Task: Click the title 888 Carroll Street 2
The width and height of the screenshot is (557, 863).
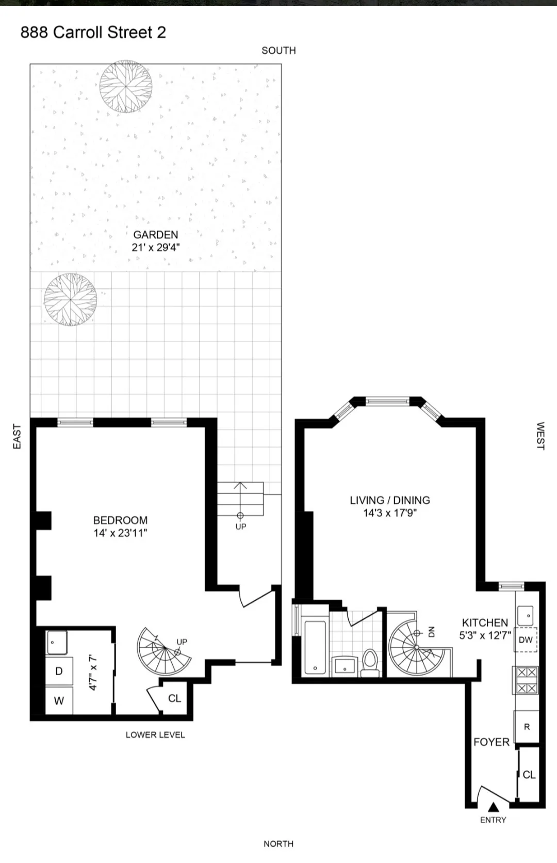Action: (93, 33)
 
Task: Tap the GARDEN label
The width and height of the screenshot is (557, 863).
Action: (155, 235)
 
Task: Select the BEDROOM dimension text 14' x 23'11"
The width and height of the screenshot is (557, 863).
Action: (120, 533)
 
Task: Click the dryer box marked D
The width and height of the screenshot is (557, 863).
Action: (59, 671)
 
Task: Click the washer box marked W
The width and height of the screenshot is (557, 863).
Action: (59, 701)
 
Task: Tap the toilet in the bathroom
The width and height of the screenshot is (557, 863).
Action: (370, 662)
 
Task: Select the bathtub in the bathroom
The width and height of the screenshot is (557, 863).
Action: (315, 647)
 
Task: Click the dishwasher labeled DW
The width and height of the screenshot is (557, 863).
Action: (526, 640)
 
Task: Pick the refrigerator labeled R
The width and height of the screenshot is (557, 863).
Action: (527, 727)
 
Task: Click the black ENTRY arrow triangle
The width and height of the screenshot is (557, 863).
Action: (493, 807)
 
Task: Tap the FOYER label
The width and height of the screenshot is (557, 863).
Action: (491, 742)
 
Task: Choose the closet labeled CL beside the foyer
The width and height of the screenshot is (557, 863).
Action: (529, 775)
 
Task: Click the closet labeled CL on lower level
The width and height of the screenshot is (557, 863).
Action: (174, 698)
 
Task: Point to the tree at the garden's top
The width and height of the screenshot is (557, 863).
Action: (126, 86)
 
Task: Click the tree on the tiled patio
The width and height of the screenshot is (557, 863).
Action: (71, 299)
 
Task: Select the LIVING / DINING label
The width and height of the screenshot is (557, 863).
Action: (389, 500)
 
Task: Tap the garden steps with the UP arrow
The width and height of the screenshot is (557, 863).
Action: (240, 499)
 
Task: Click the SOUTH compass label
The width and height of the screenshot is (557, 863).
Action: (278, 51)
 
